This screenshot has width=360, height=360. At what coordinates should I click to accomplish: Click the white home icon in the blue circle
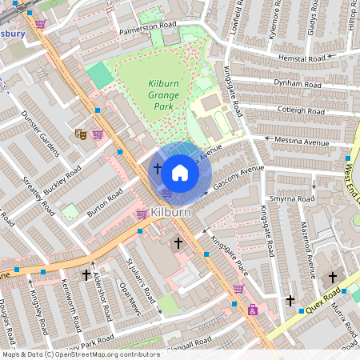(180, 172)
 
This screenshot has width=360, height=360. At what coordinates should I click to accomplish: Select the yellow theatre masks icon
(79, 134)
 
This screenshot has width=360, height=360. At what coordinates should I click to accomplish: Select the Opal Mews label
(130, 297)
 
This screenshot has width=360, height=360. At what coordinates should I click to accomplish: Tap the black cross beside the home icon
(157, 170)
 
